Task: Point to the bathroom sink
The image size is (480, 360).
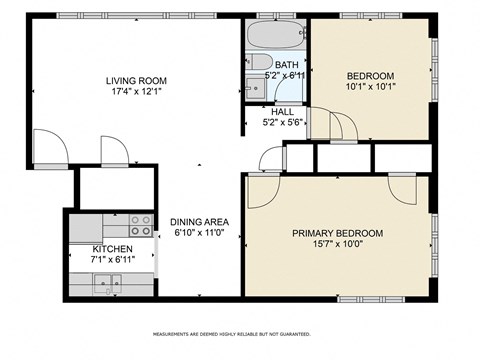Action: click(254, 89)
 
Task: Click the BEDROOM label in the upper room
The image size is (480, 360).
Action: click(370, 76)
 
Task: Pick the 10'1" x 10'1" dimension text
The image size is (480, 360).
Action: click(370, 88)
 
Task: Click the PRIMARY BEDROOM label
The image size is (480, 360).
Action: click(337, 233)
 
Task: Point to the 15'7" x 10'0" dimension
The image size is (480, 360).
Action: click(337, 245)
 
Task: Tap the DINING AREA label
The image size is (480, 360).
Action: click(200, 221)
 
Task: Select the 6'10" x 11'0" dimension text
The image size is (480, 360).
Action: click(200, 233)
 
